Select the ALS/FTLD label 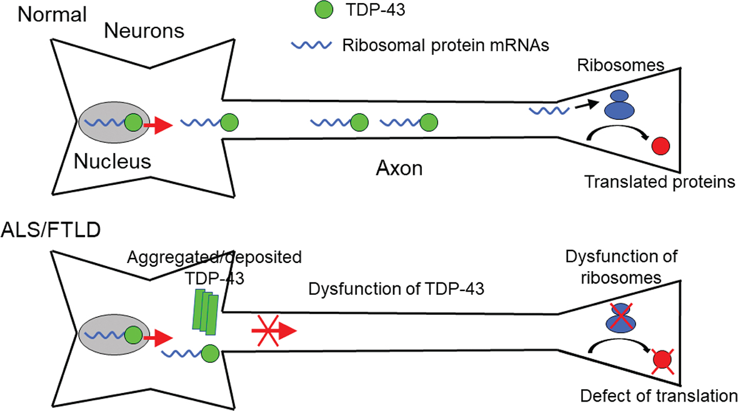[52, 230]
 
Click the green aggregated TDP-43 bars [206, 311]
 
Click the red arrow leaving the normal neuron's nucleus [157, 126]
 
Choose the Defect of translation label [659, 395]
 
